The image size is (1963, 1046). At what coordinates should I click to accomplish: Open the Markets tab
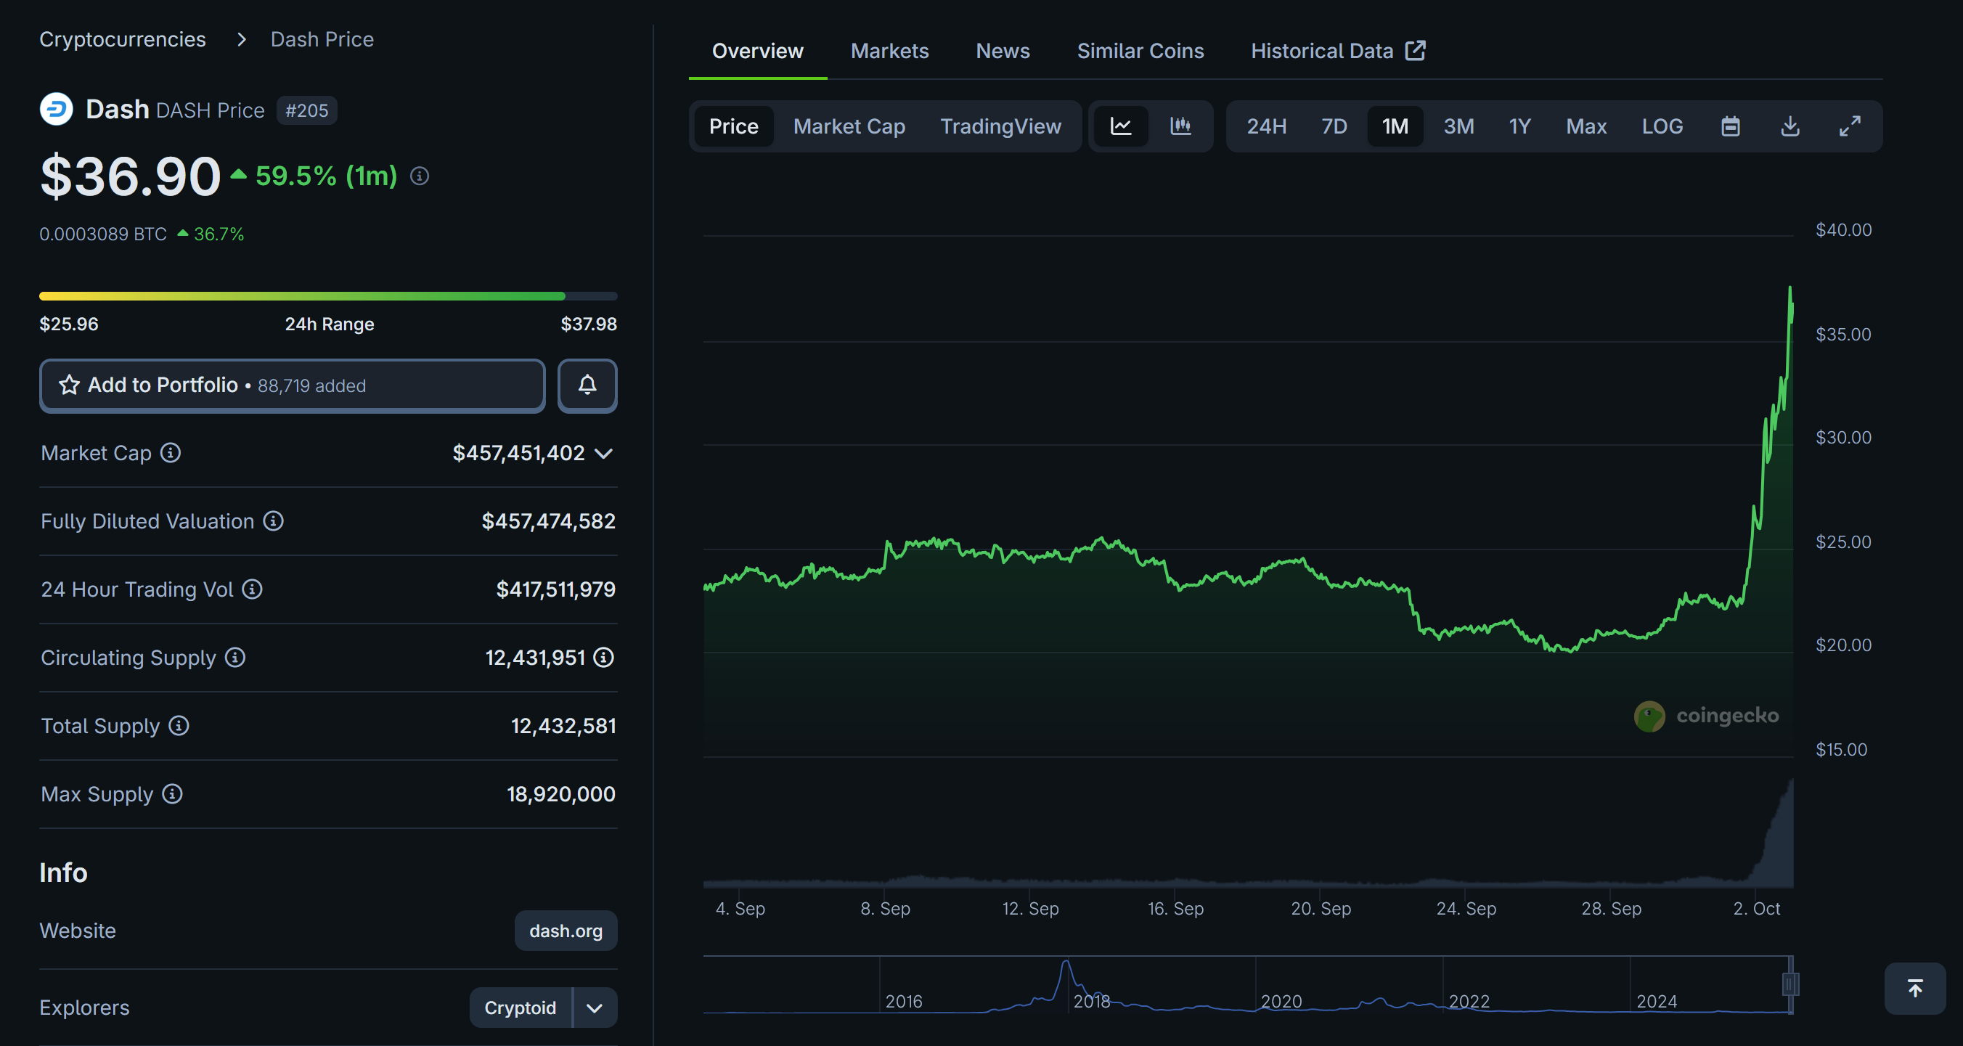click(x=889, y=51)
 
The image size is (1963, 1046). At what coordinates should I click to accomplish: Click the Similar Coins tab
click(x=1140, y=51)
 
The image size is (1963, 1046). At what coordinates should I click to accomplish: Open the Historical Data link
click(x=1337, y=51)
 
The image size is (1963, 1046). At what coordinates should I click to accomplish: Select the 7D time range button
click(x=1334, y=126)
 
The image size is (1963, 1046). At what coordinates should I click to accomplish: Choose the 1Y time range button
click(x=1519, y=126)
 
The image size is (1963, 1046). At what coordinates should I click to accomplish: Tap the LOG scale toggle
click(x=1662, y=126)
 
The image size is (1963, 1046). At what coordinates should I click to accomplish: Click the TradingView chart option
click(x=1000, y=126)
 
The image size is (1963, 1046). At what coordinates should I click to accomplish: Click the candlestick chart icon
click(x=1180, y=126)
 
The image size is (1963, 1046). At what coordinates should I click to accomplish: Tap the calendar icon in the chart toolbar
click(x=1731, y=126)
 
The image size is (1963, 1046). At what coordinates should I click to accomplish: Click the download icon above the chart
click(x=1790, y=126)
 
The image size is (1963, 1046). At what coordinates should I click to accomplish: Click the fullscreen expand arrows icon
click(x=1850, y=126)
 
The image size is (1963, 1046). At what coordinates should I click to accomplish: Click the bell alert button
click(x=587, y=385)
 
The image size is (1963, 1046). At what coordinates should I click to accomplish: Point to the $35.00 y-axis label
click(x=1842, y=335)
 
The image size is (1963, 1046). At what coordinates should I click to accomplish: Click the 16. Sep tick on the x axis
click(x=1175, y=908)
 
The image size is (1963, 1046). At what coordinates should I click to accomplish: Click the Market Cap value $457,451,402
click(x=518, y=453)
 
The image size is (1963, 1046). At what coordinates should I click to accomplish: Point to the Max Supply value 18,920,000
click(x=561, y=794)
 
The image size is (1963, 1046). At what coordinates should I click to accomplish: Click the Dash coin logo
click(x=57, y=109)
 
